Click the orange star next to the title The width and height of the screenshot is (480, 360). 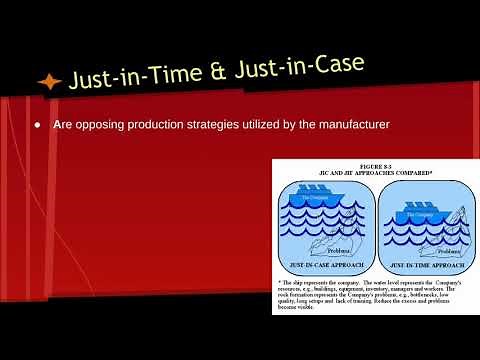click(48, 81)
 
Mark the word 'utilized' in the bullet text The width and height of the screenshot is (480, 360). click(268, 126)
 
